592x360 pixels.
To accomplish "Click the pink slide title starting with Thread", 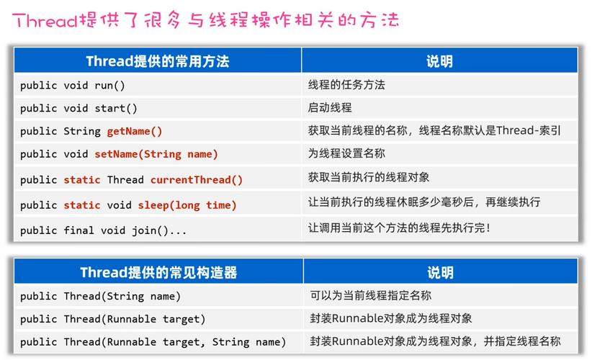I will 205,19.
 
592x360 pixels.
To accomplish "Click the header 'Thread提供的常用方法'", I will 157,61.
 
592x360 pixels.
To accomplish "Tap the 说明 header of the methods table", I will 439,61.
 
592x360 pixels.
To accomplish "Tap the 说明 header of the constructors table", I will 439,272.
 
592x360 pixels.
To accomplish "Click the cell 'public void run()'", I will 73,85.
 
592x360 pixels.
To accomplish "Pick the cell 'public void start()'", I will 79,108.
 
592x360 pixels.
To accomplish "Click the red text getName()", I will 135,131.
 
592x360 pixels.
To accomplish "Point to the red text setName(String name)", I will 156,154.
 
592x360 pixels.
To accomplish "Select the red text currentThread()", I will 197,180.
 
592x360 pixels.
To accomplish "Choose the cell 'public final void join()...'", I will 104,230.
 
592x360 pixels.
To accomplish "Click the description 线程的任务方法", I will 346,85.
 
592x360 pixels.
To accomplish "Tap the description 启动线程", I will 330,108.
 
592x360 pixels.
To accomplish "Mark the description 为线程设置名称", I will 346,153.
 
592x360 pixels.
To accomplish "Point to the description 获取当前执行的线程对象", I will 369,177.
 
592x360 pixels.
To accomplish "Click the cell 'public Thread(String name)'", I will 100,296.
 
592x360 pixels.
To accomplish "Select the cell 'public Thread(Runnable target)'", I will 113,319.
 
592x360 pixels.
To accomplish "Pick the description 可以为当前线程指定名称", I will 371,295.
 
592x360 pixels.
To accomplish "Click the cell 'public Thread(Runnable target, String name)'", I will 153,342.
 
